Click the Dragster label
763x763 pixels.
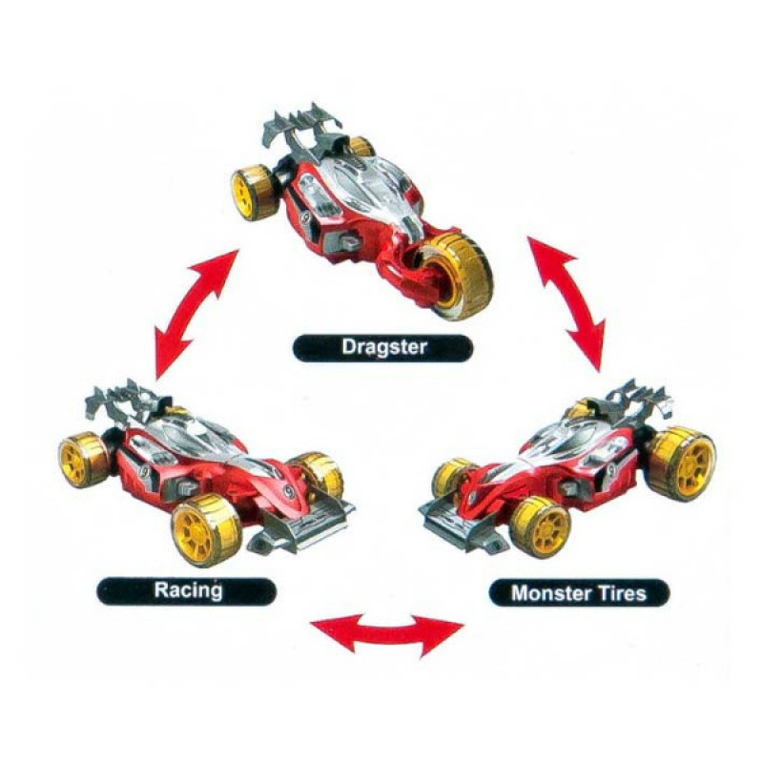click(382, 347)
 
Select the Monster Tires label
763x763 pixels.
click(579, 593)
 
